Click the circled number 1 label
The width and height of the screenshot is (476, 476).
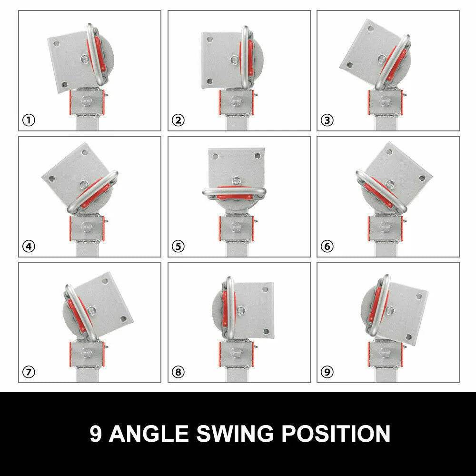pos(29,120)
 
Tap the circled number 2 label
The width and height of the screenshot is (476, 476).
pos(178,120)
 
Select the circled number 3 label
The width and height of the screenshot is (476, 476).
pos(327,120)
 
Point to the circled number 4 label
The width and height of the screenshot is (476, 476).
pos(29,246)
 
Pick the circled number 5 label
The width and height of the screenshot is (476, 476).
pos(178,246)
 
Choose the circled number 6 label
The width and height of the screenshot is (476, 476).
pos(327,246)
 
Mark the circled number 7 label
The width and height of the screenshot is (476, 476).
pos(29,372)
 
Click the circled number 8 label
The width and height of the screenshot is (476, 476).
pos(178,372)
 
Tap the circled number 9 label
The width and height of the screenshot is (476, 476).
pos(327,372)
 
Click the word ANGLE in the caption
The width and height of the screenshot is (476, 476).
pos(149,434)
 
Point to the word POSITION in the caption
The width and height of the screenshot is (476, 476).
pos(336,434)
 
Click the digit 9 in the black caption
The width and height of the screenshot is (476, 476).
pos(96,434)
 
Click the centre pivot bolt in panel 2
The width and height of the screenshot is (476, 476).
pos(234,60)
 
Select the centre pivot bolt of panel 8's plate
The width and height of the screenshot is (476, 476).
pos(241,310)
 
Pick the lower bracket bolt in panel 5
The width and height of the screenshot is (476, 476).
pos(237,226)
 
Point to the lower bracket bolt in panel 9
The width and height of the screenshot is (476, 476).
pos(385,352)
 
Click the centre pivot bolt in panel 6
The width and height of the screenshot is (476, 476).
pos(390,184)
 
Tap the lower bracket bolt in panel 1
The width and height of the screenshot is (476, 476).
pos(87,100)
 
